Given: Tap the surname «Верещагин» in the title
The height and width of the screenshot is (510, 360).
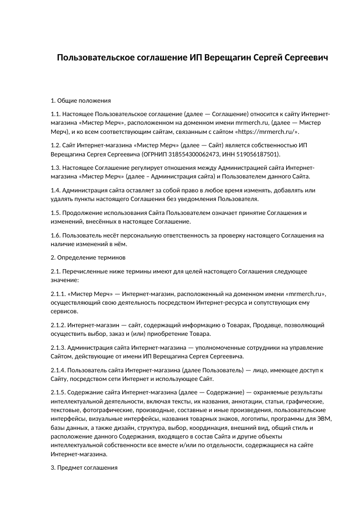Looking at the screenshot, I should tap(226, 58).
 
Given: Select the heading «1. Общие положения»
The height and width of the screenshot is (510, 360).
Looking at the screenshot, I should tap(81, 101).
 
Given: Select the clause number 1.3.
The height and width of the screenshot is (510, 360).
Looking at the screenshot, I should tap(56, 167).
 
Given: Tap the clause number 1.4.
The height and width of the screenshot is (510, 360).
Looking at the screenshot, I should tap(56, 190).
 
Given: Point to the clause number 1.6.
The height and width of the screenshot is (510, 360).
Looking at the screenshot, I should tap(56, 236).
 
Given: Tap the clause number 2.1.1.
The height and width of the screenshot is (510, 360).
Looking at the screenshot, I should tap(58, 294).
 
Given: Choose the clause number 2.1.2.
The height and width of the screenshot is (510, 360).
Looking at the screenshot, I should tap(58, 325).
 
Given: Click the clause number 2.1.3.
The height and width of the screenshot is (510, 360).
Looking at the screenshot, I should tap(58, 348).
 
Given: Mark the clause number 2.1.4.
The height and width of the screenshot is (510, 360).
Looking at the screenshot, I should tap(58, 370).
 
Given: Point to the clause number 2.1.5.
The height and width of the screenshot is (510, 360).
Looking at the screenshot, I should tap(58, 393).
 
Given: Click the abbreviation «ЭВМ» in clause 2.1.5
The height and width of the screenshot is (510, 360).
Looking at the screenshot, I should tap(325, 419).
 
